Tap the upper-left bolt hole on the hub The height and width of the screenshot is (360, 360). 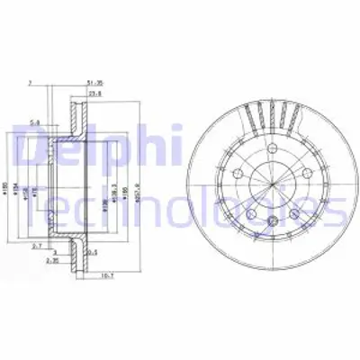236,174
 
